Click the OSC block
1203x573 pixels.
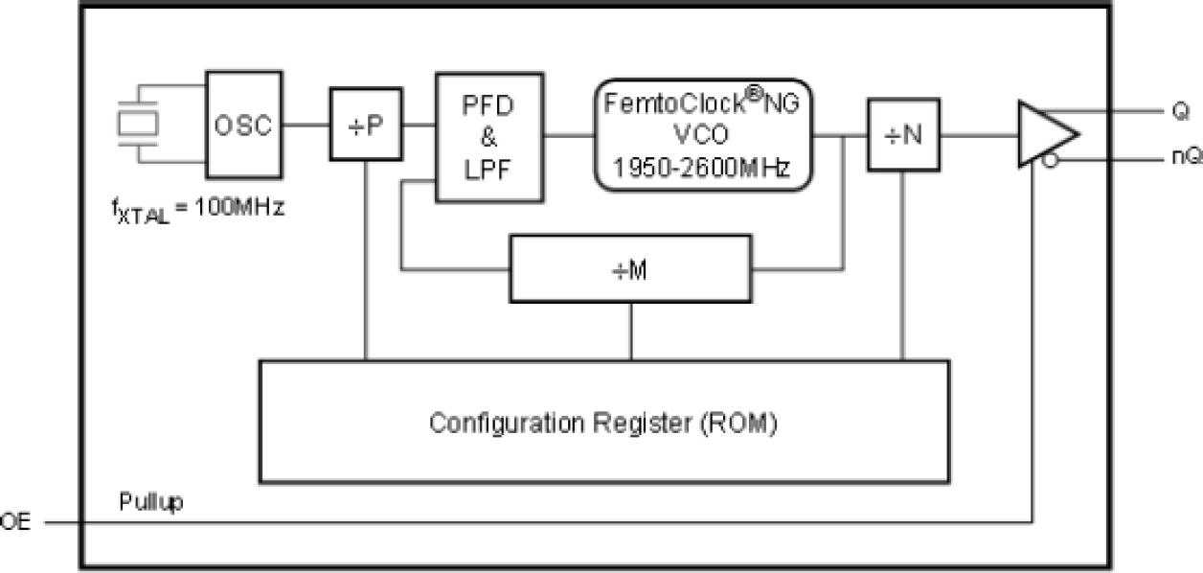pos(244,125)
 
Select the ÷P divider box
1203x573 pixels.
pos(365,125)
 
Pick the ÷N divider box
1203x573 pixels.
pos(903,134)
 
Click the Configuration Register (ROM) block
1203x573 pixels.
pos(603,422)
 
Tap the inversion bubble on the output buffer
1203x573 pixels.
pos(1050,161)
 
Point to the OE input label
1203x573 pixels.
pos(15,523)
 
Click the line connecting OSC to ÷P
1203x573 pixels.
pos(306,125)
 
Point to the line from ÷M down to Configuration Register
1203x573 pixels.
pos(630,331)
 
